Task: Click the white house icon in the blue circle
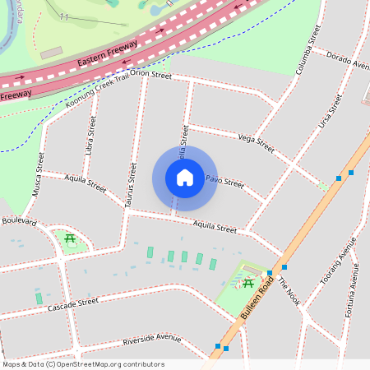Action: (185, 178)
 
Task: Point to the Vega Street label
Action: (255, 142)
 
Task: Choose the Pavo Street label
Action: (224, 181)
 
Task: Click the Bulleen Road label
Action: (257, 297)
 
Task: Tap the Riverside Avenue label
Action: (151, 339)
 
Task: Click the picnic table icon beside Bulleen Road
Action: (247, 284)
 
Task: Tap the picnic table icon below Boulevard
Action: (71, 239)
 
